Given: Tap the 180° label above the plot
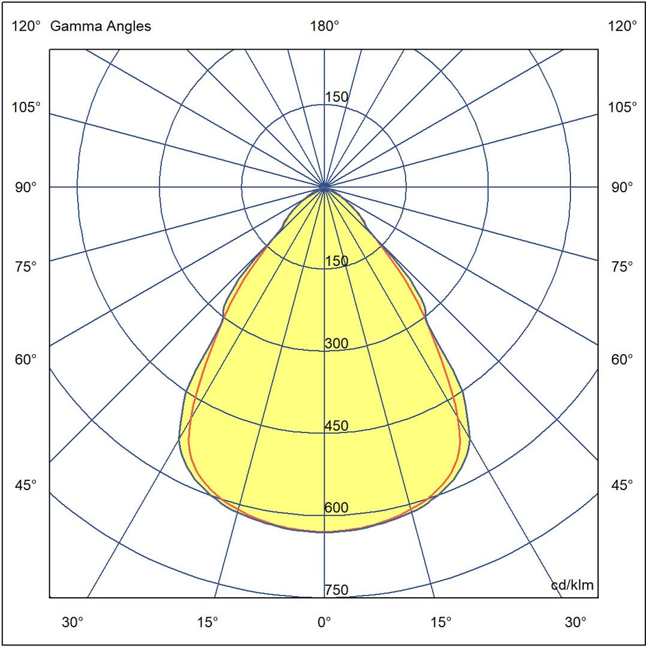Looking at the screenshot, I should click(x=324, y=26).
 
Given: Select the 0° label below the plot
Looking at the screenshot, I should click(x=324, y=622).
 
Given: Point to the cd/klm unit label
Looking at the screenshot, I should click(x=572, y=585).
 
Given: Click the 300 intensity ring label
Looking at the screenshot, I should click(x=336, y=344).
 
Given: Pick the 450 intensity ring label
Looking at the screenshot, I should click(x=336, y=426).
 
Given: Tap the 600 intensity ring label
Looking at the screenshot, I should click(x=336, y=508).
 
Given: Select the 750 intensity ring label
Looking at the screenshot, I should click(x=336, y=590).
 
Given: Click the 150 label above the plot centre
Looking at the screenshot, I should click(x=336, y=97).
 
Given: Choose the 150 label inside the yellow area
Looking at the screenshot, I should click(x=336, y=261).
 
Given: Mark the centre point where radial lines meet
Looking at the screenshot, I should click(x=324, y=187).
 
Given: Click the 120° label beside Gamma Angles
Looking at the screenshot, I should click(x=26, y=26).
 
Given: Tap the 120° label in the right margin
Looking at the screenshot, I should click(x=622, y=26).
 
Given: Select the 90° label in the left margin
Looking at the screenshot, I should click(x=26, y=187).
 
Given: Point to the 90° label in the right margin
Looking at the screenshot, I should click(x=622, y=187).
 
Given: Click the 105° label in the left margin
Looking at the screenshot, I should click(x=26, y=107).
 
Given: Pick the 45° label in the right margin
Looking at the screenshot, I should click(x=622, y=485).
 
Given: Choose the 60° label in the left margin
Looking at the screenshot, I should click(x=26, y=359).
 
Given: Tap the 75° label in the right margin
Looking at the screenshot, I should click(x=622, y=267).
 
